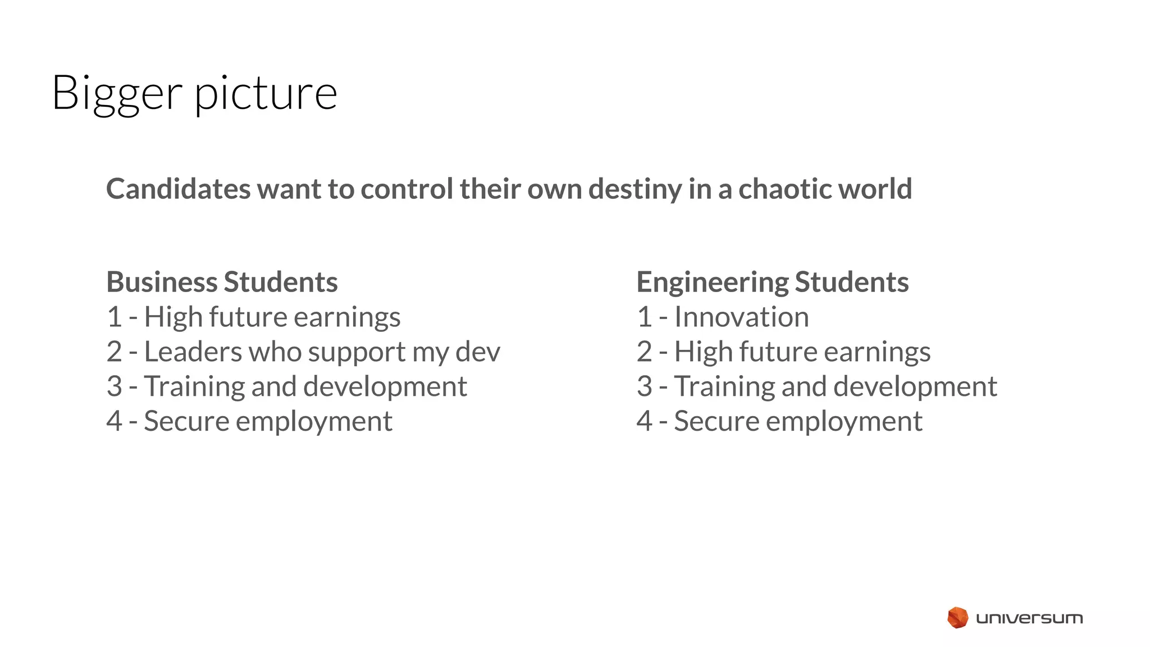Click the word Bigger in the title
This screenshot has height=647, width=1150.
click(117, 93)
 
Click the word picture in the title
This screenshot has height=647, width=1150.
click(266, 93)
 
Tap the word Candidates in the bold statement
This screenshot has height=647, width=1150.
click(178, 189)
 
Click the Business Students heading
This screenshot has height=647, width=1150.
click(222, 282)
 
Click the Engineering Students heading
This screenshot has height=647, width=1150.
click(772, 282)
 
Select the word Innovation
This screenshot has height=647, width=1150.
click(741, 317)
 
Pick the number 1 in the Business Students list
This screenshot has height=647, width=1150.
click(114, 317)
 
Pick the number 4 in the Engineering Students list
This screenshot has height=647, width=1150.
click(645, 421)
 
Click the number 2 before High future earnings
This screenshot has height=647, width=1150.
click(645, 352)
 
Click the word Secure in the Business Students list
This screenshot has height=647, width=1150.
click(186, 421)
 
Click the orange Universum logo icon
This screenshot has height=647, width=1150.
click(957, 618)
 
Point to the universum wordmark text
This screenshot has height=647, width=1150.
click(1029, 618)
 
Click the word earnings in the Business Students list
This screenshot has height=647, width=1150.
click(347, 318)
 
